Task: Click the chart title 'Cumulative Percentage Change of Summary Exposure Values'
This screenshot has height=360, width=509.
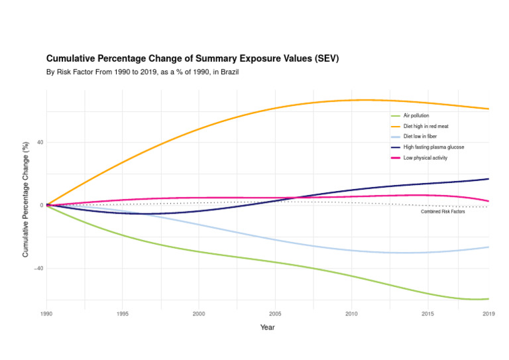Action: pyautogui.click(x=192, y=58)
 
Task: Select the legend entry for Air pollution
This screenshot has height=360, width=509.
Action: pyautogui.click(x=416, y=115)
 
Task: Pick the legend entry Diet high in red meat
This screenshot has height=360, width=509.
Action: pyautogui.click(x=425, y=126)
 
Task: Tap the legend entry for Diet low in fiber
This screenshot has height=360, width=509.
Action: pyautogui.click(x=420, y=137)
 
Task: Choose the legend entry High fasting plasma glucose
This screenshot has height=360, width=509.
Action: pyautogui.click(x=433, y=147)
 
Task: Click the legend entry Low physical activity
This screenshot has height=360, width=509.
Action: pyautogui.click(x=425, y=158)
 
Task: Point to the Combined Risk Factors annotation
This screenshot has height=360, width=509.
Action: pyautogui.click(x=443, y=211)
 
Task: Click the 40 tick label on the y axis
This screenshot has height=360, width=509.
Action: pyautogui.click(x=40, y=142)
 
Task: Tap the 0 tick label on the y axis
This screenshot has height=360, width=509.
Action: pyautogui.click(x=42, y=206)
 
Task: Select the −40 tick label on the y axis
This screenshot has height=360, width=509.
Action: pyautogui.click(x=39, y=269)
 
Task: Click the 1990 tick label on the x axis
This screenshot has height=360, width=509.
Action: pyautogui.click(x=46, y=314)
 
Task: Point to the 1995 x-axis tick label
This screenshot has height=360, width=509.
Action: pyautogui.click(x=123, y=314)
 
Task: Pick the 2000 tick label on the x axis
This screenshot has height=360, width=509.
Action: pyautogui.click(x=199, y=314)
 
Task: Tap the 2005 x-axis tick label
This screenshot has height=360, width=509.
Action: pyautogui.click(x=275, y=314)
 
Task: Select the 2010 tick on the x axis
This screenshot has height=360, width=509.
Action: pyautogui.click(x=351, y=314)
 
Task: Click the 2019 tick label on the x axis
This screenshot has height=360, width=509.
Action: pyautogui.click(x=488, y=314)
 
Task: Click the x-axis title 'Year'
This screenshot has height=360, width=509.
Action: pyautogui.click(x=267, y=328)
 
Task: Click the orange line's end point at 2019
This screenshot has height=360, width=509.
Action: pyautogui.click(x=488, y=109)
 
